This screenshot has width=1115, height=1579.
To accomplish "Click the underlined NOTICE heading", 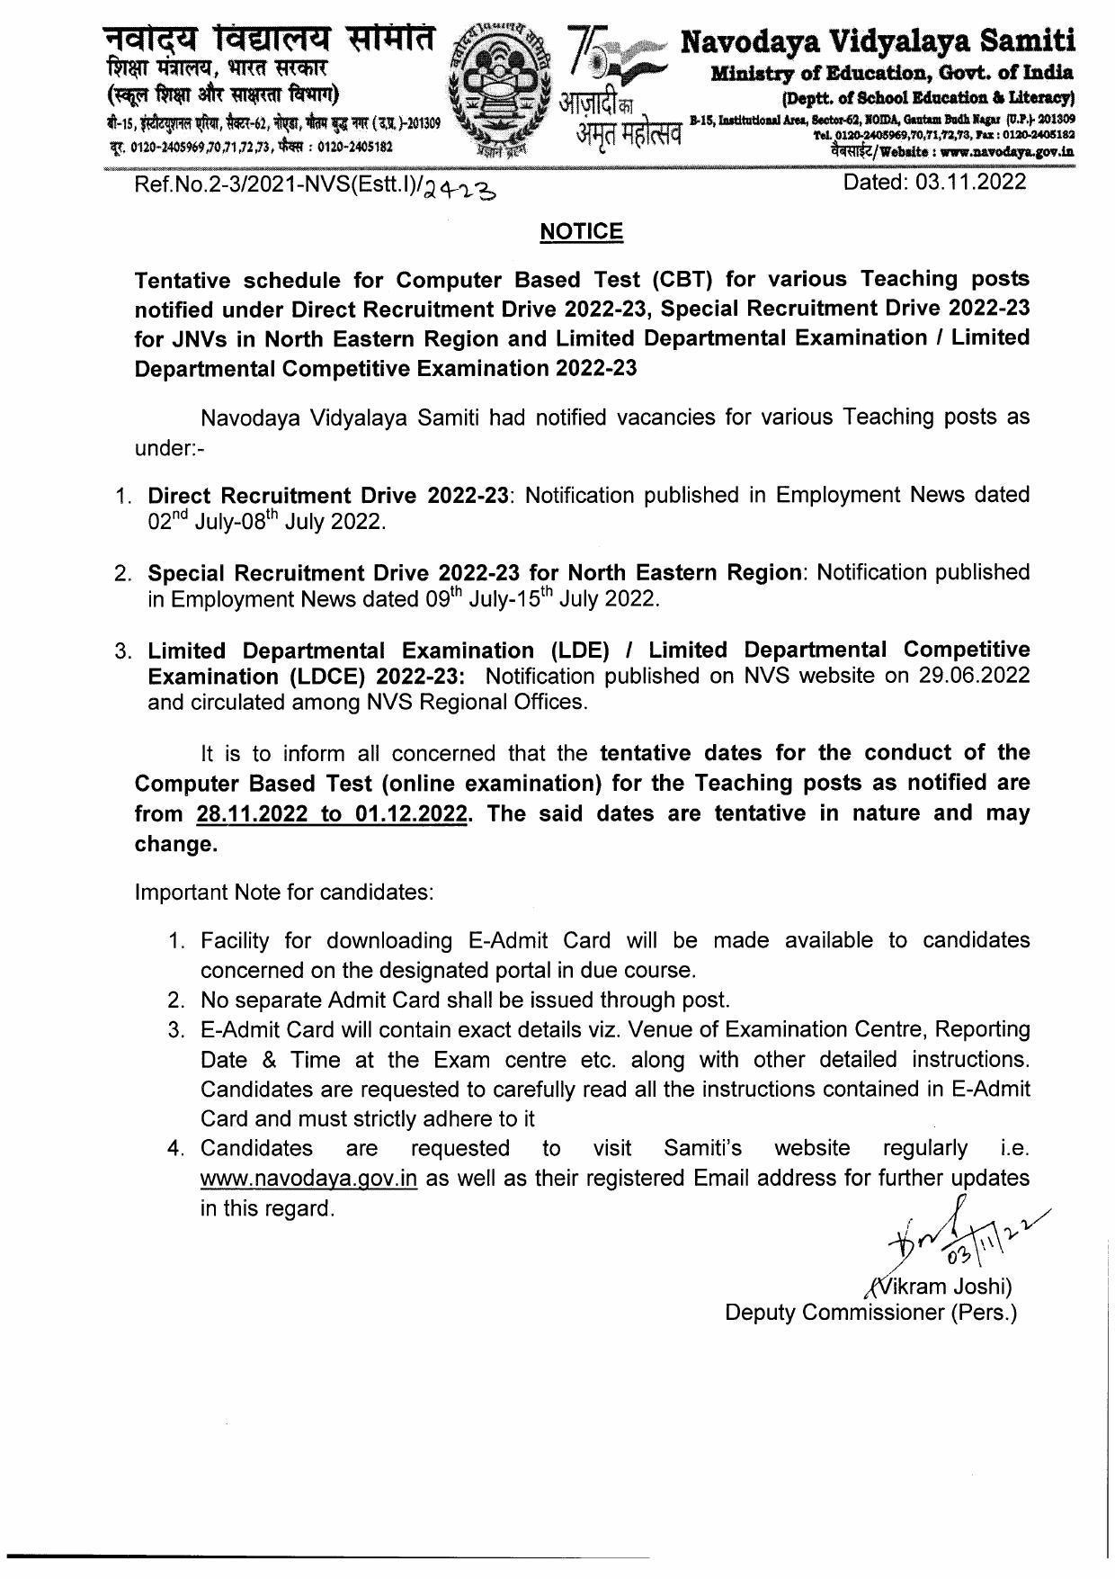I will tap(581, 232).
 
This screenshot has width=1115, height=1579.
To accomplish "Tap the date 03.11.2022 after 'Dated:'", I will tap(971, 183).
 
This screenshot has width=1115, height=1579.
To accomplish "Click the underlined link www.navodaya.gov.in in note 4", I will tap(308, 1179).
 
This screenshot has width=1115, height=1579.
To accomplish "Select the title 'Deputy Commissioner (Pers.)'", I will tap(871, 1313).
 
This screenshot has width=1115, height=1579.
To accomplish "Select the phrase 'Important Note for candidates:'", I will tap(284, 893).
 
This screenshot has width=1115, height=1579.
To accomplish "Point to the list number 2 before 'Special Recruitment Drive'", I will tap(123, 573).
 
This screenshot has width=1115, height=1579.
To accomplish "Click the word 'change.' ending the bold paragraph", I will tap(176, 844).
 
